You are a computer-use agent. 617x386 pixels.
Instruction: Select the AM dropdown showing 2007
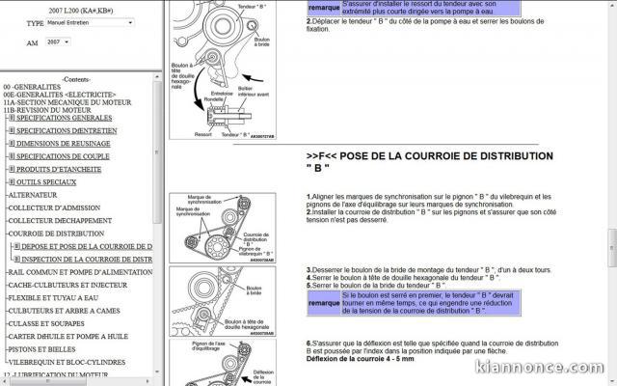pyautogui.click(x=57, y=42)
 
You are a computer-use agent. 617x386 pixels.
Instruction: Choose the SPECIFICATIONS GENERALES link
pyautogui.click(x=65, y=118)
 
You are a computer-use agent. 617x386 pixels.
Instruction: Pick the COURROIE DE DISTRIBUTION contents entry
pyautogui.click(x=56, y=234)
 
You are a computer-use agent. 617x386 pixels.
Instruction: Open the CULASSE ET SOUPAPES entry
pyautogui.click(x=47, y=324)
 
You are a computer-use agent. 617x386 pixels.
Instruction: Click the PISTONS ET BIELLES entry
pyautogui.click(x=44, y=349)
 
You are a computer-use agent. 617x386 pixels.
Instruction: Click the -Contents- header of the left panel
pyautogui.click(x=78, y=79)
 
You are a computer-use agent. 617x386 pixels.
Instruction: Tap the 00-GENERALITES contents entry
pyautogui.click(x=35, y=86)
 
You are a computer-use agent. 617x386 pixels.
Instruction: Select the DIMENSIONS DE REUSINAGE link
pyautogui.click(x=65, y=143)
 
